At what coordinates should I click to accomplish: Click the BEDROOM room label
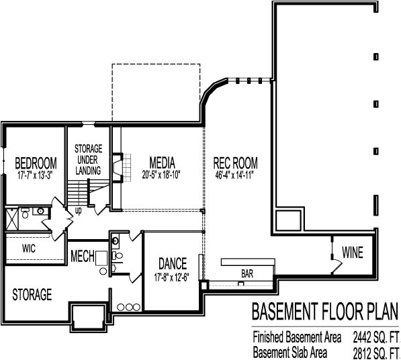(35, 163)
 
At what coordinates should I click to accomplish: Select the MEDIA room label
(162, 163)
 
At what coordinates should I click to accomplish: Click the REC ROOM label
(236, 163)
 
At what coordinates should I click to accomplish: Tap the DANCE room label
(172, 263)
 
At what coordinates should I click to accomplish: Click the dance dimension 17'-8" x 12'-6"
(172, 275)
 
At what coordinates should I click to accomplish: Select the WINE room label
(352, 253)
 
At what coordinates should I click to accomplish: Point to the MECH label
(82, 256)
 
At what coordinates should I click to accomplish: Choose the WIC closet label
(28, 248)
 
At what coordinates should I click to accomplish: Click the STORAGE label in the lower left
(32, 294)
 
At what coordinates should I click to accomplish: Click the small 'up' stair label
(79, 210)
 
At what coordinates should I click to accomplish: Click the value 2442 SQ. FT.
(372, 336)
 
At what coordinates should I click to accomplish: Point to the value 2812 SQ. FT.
(372, 351)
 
